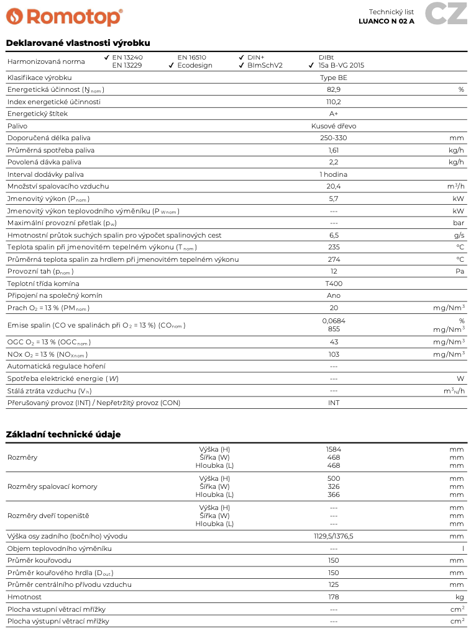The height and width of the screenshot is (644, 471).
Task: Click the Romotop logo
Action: tap(64, 16)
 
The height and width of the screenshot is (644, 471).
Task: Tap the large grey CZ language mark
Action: tap(446, 14)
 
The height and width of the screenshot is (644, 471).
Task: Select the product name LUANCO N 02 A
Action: tap(386, 21)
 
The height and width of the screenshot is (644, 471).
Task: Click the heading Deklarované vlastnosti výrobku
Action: tap(78, 43)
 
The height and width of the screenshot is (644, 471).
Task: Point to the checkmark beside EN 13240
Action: tap(107, 57)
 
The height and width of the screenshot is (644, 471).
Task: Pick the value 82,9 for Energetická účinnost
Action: tap(334, 89)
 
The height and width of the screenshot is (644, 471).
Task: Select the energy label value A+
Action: tap(334, 114)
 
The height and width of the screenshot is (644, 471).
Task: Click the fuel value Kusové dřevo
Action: tap(334, 126)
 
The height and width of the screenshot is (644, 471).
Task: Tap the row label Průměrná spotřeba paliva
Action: tap(51, 150)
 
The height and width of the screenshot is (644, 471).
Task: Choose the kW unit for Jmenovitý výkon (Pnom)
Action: tap(459, 199)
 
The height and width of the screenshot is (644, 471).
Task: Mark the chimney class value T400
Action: tap(334, 284)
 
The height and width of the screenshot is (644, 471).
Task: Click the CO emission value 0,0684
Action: tap(334, 321)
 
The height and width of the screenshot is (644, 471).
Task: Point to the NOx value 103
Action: tap(334, 354)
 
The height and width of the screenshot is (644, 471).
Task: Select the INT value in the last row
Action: tap(334, 403)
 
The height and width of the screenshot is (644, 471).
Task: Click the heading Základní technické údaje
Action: tap(63, 434)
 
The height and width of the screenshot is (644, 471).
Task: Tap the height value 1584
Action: tap(334, 449)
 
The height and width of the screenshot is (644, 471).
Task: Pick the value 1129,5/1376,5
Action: tap(334, 536)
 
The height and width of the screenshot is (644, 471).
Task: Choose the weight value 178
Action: tap(334, 597)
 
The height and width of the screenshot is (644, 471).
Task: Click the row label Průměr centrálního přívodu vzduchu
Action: tap(70, 584)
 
